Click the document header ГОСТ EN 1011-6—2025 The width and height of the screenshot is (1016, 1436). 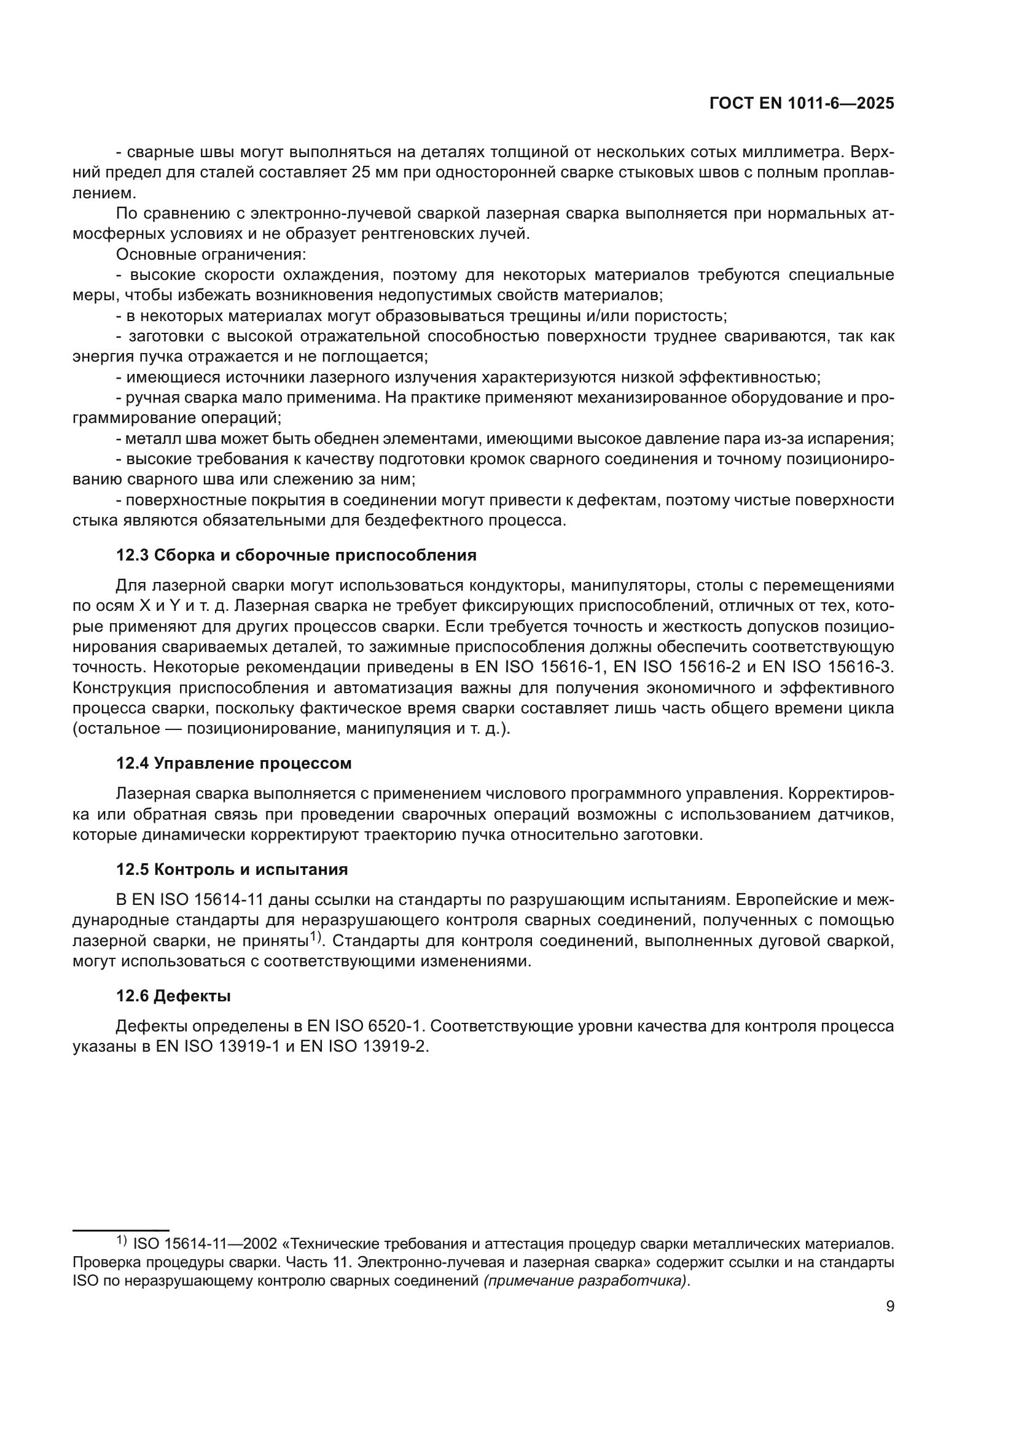click(802, 104)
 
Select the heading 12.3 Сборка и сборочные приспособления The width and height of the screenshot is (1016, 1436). click(296, 555)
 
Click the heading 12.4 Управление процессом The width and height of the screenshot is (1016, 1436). click(233, 763)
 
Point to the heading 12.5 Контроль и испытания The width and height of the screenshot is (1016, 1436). click(232, 869)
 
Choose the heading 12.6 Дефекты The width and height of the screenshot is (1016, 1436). click(173, 996)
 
